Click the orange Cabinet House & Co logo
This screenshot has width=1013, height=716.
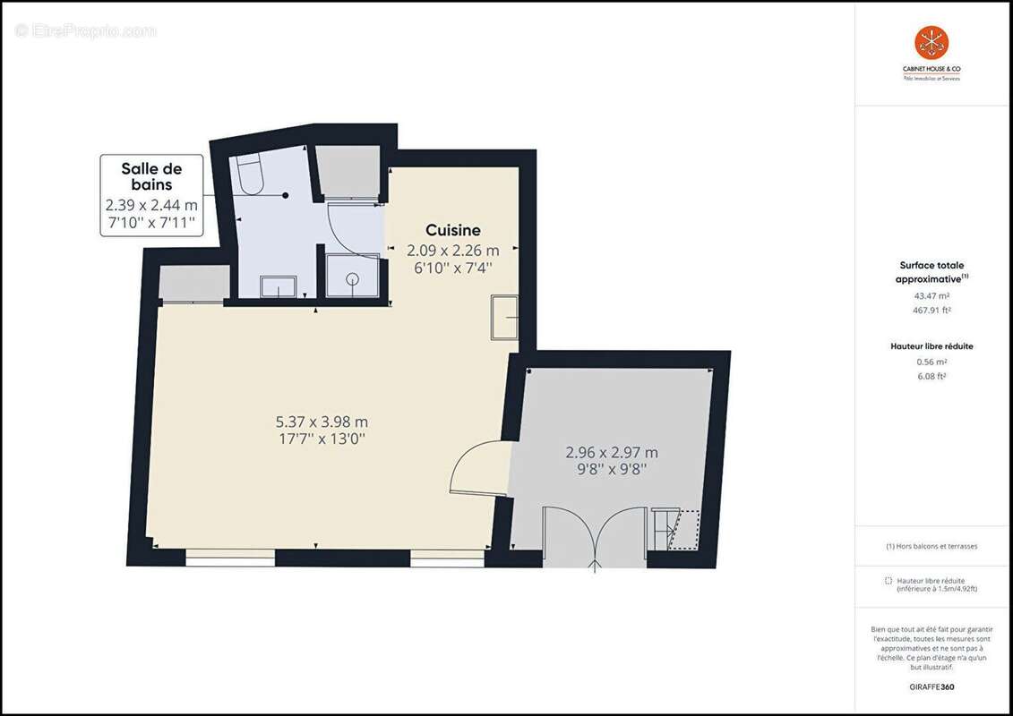coord(931,43)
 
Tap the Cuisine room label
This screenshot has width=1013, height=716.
coord(452,230)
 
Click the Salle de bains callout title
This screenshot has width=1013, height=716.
coord(151,176)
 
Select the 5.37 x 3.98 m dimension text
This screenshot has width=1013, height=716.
coord(322,422)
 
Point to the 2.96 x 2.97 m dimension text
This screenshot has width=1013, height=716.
coord(612,453)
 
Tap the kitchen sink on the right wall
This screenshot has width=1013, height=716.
coord(504,316)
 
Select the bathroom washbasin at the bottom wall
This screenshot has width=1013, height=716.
coord(278,286)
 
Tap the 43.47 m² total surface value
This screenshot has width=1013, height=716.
coord(931,295)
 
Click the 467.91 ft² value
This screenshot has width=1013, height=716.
coord(931,311)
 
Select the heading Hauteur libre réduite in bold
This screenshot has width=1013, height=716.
coord(931,346)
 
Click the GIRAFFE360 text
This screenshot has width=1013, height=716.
coord(931,687)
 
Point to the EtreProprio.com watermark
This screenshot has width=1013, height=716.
coord(85,30)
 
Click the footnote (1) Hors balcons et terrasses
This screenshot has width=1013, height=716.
coord(931,546)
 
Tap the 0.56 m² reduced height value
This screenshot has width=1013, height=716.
coord(931,362)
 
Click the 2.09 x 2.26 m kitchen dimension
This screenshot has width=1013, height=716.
coord(453,251)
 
